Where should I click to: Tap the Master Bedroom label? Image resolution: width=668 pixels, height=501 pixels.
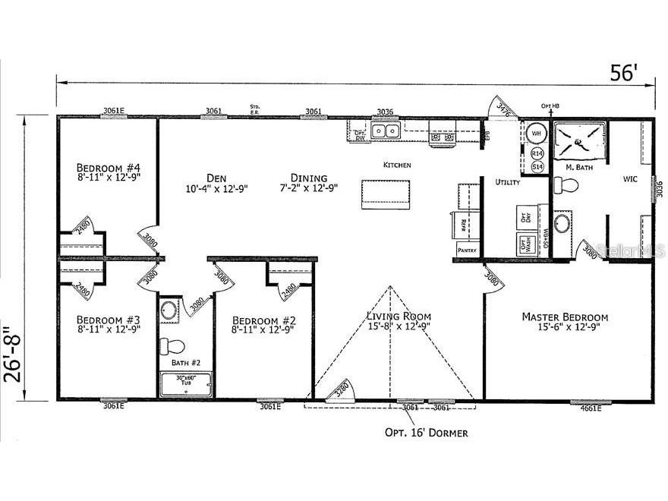[565, 317]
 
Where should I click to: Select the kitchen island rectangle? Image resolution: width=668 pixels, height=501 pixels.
[386, 194]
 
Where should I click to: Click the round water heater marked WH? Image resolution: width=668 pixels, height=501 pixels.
[536, 134]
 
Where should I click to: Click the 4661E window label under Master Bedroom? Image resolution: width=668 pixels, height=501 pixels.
[590, 408]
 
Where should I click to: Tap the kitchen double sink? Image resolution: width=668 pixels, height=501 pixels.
[386, 132]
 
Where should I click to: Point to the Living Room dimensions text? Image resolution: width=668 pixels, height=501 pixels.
[399, 326]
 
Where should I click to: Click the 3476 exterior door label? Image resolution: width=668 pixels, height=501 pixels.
[503, 109]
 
